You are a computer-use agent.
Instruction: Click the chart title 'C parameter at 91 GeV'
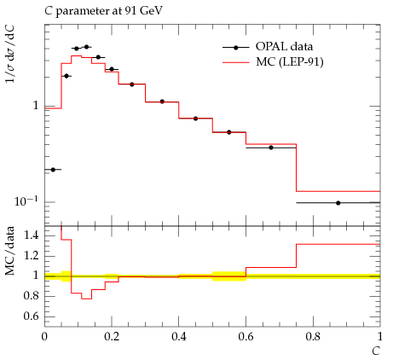tap(103, 11)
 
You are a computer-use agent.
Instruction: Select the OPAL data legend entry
tap(268, 47)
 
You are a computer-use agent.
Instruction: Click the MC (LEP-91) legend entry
tap(273, 61)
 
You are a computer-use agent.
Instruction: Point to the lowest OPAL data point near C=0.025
tap(53, 170)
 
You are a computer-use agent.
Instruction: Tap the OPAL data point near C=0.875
tap(338, 203)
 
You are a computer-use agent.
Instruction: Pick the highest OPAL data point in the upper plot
tap(86, 47)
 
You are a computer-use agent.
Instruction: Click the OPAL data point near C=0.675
tap(271, 148)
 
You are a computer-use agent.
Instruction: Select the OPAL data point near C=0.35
tap(162, 102)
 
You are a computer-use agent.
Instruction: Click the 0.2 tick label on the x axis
tap(112, 337)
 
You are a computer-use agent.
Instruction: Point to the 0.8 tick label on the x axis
tap(313, 337)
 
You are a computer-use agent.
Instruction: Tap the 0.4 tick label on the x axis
tap(179, 337)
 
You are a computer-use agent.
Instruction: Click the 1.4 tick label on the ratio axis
tap(32, 235)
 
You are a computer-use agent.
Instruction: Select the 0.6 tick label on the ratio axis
tap(32, 316)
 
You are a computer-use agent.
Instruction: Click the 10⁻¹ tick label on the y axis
tap(26, 201)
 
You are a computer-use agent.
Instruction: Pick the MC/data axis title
tap(9, 251)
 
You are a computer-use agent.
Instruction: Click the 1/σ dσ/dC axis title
tap(9, 54)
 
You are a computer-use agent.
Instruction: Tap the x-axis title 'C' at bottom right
tap(376, 351)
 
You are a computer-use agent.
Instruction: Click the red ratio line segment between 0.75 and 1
tap(338, 244)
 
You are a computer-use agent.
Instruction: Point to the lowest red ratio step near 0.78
tap(86, 299)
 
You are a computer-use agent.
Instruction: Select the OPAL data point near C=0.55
tap(229, 132)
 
